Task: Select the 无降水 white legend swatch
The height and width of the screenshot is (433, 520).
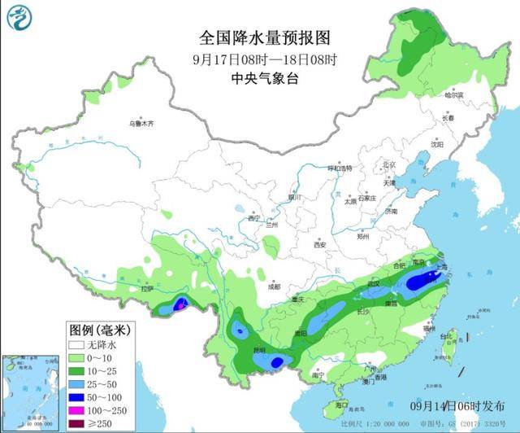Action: [77, 344]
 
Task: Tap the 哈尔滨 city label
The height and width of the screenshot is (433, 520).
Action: [453, 95]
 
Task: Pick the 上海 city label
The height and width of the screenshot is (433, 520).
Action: [444, 265]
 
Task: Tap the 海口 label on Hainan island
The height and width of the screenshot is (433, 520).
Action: [341, 405]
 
